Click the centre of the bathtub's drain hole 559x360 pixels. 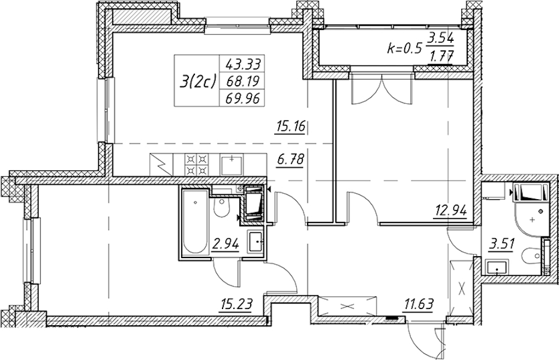click(x=195, y=202)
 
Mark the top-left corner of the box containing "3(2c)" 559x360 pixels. click(x=175, y=55)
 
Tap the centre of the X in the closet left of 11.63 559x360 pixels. click(x=347, y=306)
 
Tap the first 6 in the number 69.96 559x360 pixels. click(x=229, y=97)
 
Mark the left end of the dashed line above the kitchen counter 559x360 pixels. click(x=113, y=143)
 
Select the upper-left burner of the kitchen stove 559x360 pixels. click(x=190, y=158)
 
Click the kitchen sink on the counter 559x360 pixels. click(x=232, y=164)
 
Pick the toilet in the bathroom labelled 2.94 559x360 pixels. click(x=223, y=208)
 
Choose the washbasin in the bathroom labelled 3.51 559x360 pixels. click(x=497, y=267)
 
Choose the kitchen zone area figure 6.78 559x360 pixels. click(x=290, y=160)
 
